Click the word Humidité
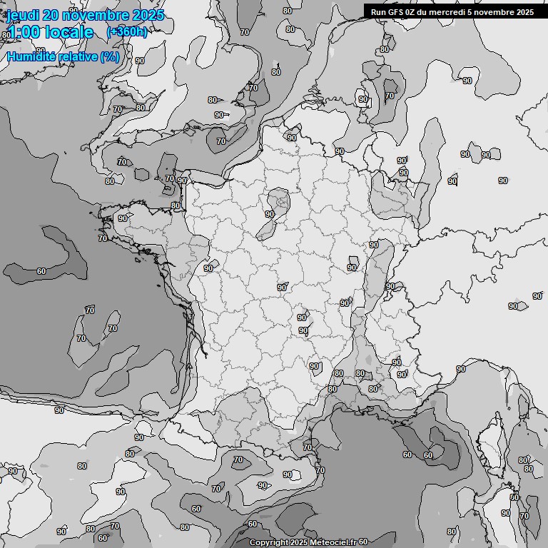34,56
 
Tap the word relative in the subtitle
79,56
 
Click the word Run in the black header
378,12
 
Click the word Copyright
269,543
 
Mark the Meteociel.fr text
329,543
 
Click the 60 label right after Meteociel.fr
363,542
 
